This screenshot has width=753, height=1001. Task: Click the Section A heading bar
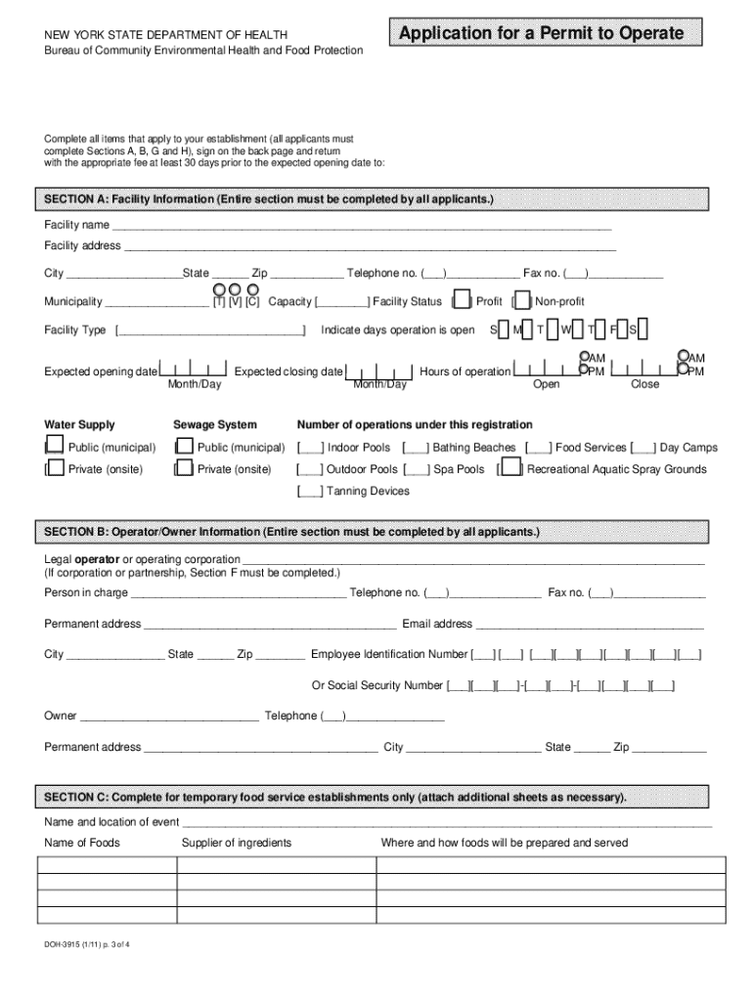point(376,199)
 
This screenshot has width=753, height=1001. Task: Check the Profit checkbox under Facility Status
point(465,301)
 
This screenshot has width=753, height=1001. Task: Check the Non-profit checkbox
point(523,301)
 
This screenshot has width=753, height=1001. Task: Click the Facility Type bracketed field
point(210,330)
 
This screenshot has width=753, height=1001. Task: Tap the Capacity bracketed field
point(342,302)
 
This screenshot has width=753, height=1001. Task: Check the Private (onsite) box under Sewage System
point(182,469)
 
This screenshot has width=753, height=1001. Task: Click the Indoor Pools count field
point(310,448)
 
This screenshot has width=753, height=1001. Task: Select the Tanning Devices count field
point(310,491)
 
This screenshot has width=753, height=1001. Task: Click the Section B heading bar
point(376,532)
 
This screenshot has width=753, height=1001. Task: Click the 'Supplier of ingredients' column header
point(236,843)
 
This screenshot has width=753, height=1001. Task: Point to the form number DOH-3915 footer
point(87,947)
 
